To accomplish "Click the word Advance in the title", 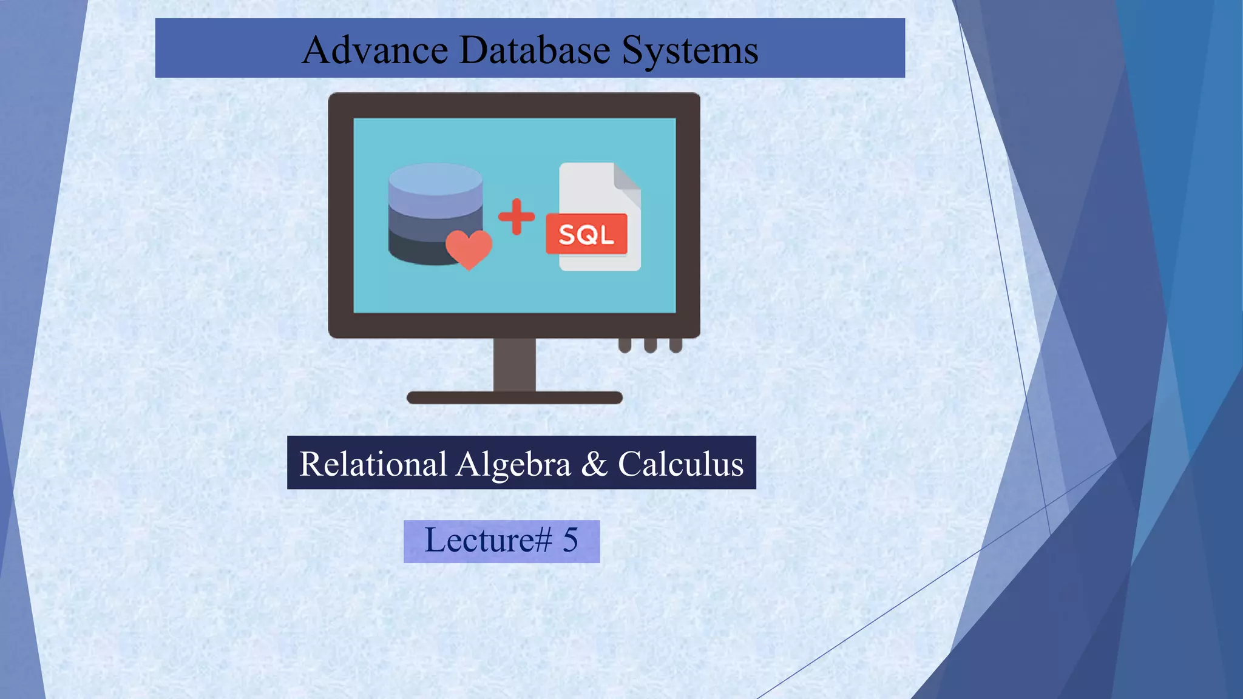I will pos(374,50).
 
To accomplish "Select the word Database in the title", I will pos(535,50).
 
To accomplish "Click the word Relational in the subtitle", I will pos(373,464).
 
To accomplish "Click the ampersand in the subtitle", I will pos(594,464).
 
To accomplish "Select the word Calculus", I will pos(680,464).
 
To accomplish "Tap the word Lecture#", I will pos(488,540).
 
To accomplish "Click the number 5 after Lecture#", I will pos(571,540).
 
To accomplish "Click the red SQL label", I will pos(586,234).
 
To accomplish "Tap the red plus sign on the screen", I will pos(517,217).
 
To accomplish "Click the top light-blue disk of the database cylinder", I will pos(435,178).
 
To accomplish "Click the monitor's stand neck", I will pos(514,364).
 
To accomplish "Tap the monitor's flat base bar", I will pos(514,398).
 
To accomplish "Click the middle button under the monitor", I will pos(650,345).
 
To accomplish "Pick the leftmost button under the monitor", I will pos(625,345).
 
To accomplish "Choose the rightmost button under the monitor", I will pos(676,345).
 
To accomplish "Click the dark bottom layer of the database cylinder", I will pos(419,252).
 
